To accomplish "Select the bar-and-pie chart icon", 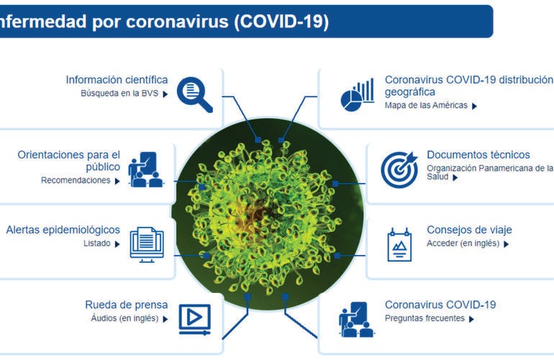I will [x=358, y=94].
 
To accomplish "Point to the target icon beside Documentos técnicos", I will [x=399, y=168].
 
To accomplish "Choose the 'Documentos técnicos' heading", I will [x=478, y=155].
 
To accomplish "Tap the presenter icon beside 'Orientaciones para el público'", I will [x=145, y=169].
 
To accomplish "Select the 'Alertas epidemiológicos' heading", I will [x=63, y=230].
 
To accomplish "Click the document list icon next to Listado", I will [x=147, y=243].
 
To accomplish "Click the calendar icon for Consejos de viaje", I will [x=399, y=244].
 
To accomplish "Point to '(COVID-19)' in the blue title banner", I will [x=282, y=22].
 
